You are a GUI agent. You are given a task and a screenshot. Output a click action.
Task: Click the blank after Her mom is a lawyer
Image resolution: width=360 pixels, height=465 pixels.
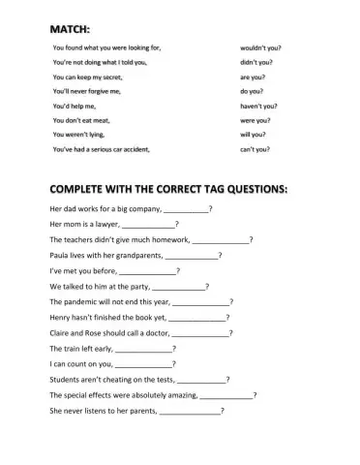(149, 225)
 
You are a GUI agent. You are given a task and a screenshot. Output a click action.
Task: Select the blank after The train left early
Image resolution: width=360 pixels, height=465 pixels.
(143, 348)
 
